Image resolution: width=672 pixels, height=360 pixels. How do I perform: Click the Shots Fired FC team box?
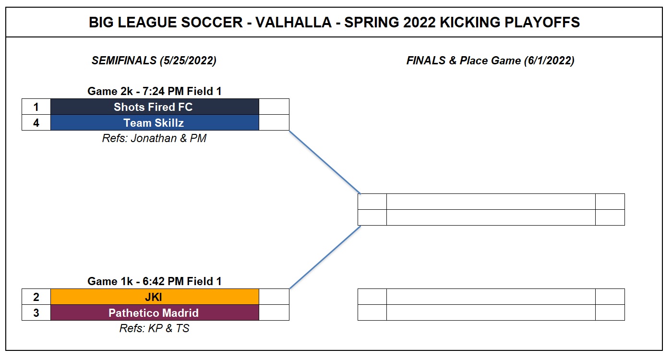(155, 107)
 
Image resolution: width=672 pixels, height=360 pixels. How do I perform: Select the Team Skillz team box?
(155, 123)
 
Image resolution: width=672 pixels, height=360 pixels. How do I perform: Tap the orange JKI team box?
(155, 297)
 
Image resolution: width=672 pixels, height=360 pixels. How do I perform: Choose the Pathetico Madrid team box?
(155, 313)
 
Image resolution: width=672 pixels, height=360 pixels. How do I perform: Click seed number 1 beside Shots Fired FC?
(36, 107)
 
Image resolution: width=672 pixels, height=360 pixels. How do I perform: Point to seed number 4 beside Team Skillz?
(36, 123)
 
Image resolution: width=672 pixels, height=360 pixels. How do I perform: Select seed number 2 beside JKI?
(36, 297)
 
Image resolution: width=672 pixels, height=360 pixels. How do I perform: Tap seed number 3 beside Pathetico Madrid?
(36, 313)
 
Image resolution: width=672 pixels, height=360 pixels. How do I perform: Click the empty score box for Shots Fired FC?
(274, 107)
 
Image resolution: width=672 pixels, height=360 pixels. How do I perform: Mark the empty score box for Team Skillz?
(274, 123)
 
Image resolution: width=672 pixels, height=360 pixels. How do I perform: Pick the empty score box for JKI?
(274, 297)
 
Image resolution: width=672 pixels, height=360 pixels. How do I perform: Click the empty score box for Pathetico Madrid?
(274, 313)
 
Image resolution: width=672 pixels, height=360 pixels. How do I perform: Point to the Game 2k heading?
(155, 91)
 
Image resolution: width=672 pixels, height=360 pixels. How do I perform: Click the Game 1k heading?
(155, 281)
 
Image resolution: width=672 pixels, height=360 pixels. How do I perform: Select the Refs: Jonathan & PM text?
(154, 138)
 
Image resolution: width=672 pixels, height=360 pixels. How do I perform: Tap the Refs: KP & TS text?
(154, 328)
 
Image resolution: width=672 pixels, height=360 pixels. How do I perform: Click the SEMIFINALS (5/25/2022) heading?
(154, 60)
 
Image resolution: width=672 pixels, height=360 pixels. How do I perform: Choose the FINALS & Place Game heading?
(490, 60)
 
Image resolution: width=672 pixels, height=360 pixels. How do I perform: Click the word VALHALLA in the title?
(293, 23)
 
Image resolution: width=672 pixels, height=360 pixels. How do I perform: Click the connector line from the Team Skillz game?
(325, 162)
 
